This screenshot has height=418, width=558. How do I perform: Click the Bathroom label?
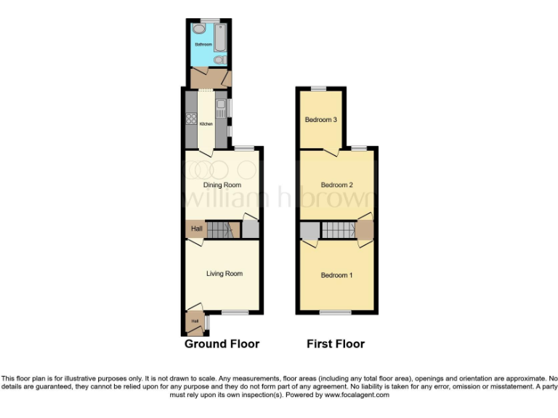click(x=203, y=45)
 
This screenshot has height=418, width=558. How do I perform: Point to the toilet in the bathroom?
click(x=219, y=61)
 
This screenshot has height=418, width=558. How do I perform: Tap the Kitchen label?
click(x=206, y=124)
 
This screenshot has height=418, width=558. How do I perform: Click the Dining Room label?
click(x=222, y=185)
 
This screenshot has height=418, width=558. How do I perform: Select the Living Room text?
click(x=224, y=274)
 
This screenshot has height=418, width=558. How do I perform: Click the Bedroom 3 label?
click(x=320, y=120)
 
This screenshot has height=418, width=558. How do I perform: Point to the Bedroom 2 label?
click(x=336, y=185)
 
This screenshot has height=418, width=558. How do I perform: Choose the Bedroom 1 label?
click(x=336, y=275)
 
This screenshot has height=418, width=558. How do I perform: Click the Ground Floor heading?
click(x=222, y=343)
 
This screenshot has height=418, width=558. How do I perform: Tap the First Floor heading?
click(x=336, y=343)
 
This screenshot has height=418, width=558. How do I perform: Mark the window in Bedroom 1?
click(x=336, y=313)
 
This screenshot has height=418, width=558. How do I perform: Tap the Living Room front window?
click(x=235, y=313)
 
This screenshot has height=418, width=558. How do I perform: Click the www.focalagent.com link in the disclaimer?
click(x=356, y=396)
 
